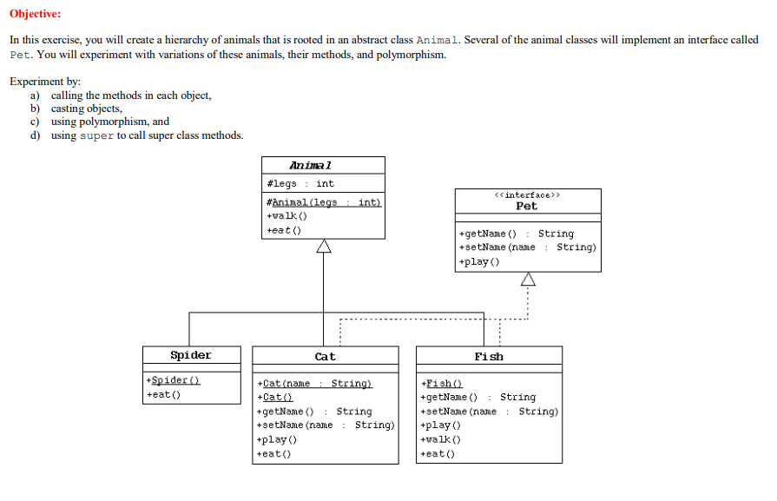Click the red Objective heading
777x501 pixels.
(36, 15)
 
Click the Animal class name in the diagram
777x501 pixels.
(311, 165)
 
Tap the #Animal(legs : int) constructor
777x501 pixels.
(323, 202)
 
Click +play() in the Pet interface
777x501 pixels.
(477, 261)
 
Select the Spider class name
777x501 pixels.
(191, 355)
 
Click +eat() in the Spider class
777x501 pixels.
(164, 395)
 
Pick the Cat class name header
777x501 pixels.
(325, 356)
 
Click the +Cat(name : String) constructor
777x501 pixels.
(315, 383)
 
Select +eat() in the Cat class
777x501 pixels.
(274, 453)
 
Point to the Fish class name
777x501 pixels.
(489, 356)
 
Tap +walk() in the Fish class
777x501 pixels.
(440, 439)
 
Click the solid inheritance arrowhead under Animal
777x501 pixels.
(324, 247)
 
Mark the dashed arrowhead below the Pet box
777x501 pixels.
(527, 280)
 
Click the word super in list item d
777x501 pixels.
(96, 135)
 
